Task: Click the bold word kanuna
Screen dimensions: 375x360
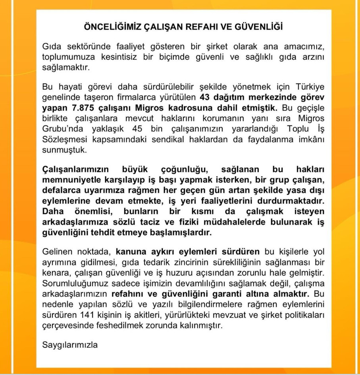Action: click(131, 252)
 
